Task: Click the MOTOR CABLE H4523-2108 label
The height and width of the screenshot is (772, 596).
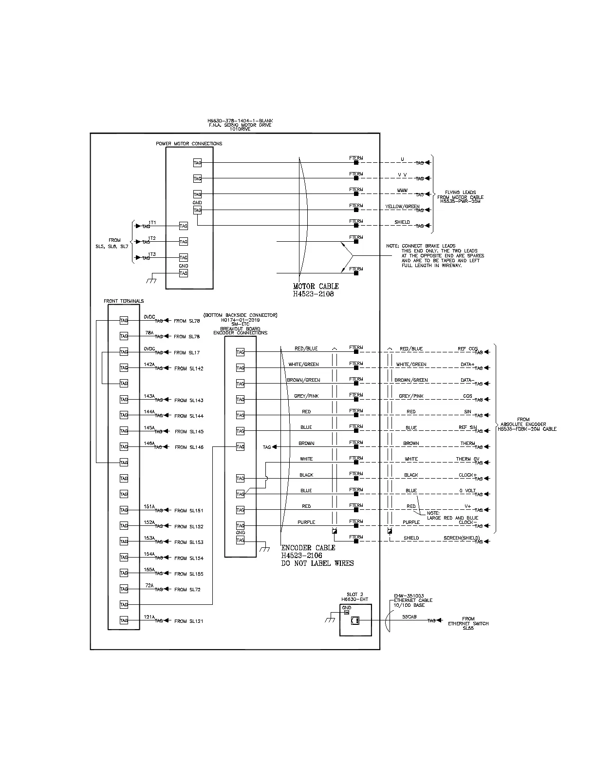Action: tap(316, 290)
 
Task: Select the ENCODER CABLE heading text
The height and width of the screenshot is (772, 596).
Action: tap(308, 548)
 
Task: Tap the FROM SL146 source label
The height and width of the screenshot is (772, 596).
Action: tap(189, 447)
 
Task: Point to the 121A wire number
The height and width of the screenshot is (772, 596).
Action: tap(149, 617)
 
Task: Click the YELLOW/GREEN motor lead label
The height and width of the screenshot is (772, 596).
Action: tap(402, 207)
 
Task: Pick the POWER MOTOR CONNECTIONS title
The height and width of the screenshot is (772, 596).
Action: tap(189, 144)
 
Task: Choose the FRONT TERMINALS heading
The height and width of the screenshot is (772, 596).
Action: tap(124, 301)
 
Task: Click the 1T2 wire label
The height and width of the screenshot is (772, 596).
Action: tap(152, 238)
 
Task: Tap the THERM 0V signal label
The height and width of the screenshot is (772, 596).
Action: tap(467, 459)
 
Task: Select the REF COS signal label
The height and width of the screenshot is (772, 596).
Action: tap(467, 349)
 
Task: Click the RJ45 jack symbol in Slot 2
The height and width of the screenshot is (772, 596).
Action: tap(355, 620)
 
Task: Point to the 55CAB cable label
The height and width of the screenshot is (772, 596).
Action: tap(409, 617)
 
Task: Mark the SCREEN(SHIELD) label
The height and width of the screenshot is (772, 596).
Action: tap(461, 538)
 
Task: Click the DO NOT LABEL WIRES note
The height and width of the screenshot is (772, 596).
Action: tap(317, 563)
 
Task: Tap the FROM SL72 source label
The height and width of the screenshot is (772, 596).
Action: tap(187, 590)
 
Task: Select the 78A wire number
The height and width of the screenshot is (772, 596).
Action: tap(149, 333)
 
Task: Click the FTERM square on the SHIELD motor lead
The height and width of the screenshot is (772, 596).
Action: tap(356, 226)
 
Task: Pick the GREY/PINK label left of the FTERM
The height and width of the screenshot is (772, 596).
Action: tap(306, 396)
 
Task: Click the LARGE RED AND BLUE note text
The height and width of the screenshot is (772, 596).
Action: tap(452, 518)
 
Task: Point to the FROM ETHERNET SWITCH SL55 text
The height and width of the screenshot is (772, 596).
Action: tap(468, 623)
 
